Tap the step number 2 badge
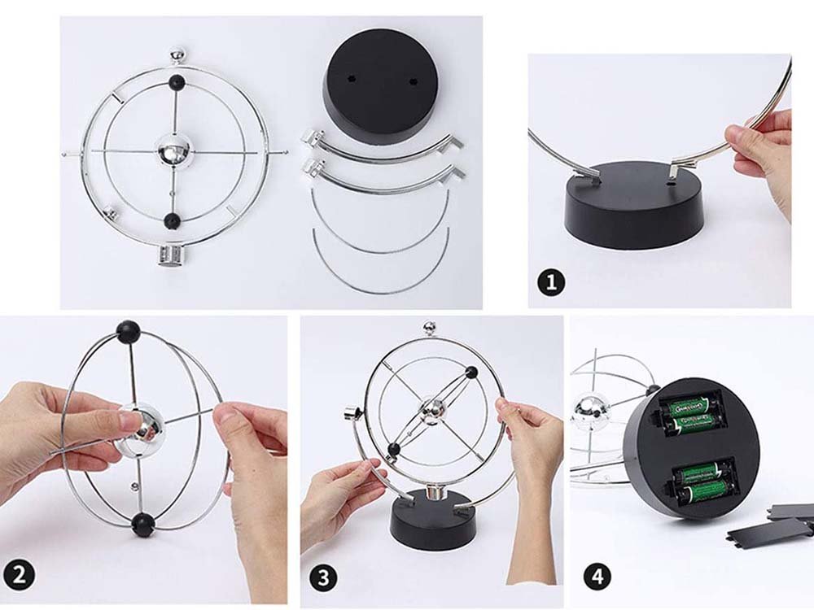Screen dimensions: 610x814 22,574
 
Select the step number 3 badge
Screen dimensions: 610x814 324,578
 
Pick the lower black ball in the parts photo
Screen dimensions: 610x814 172,220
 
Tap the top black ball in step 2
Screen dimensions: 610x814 128,330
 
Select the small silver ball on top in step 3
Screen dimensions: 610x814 429,329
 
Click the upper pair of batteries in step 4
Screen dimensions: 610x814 690,412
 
